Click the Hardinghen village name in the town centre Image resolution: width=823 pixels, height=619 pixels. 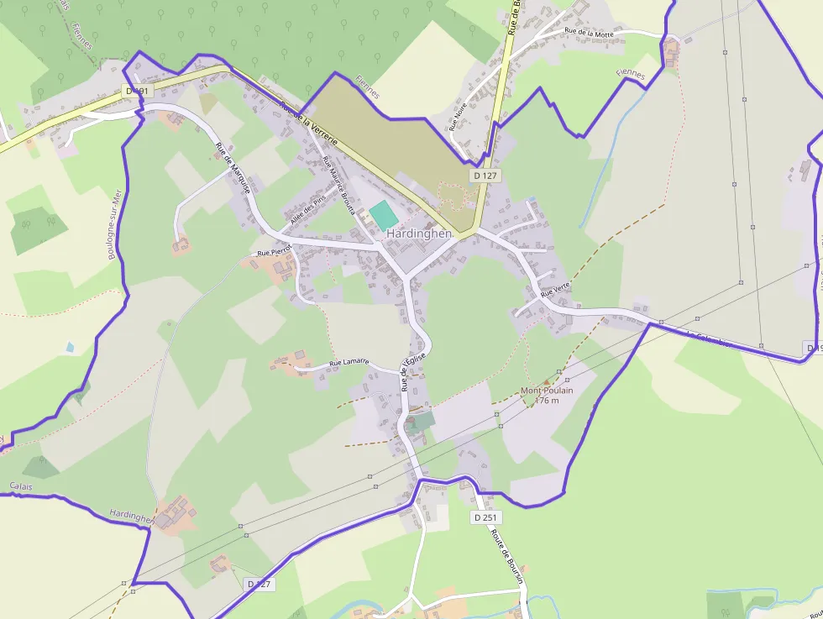(x=419, y=233)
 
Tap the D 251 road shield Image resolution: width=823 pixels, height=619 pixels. (x=483, y=517)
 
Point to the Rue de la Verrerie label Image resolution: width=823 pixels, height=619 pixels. (x=308, y=124)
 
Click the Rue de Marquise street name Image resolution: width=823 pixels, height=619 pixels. (x=233, y=169)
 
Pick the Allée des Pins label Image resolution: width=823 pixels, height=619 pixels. (x=307, y=210)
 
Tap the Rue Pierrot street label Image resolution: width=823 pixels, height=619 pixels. (x=274, y=250)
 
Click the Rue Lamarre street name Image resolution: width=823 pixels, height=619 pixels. (x=349, y=362)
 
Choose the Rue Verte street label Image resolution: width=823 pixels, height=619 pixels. (x=555, y=291)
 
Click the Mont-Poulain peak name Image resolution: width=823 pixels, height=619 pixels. (x=546, y=391)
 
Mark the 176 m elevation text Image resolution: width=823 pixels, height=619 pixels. (x=547, y=401)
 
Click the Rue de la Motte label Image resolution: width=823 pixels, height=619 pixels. (x=589, y=32)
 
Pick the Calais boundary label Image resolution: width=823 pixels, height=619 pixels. (x=21, y=486)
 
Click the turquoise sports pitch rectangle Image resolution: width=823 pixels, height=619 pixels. (x=384, y=215)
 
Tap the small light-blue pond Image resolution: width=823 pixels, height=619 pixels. (x=69, y=346)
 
